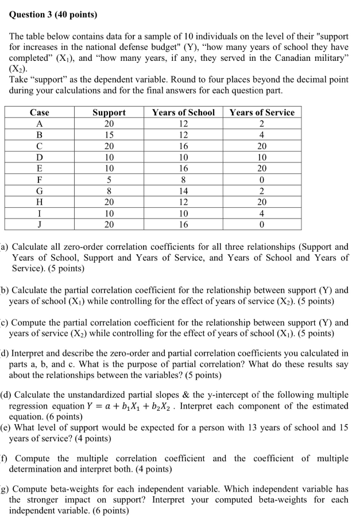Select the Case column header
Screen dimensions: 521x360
(39, 112)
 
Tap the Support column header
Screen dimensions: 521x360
(109, 112)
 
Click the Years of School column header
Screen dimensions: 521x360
(184, 112)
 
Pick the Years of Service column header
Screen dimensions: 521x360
(261, 112)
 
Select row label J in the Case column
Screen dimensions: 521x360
(39, 224)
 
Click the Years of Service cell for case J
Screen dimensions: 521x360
(261, 224)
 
